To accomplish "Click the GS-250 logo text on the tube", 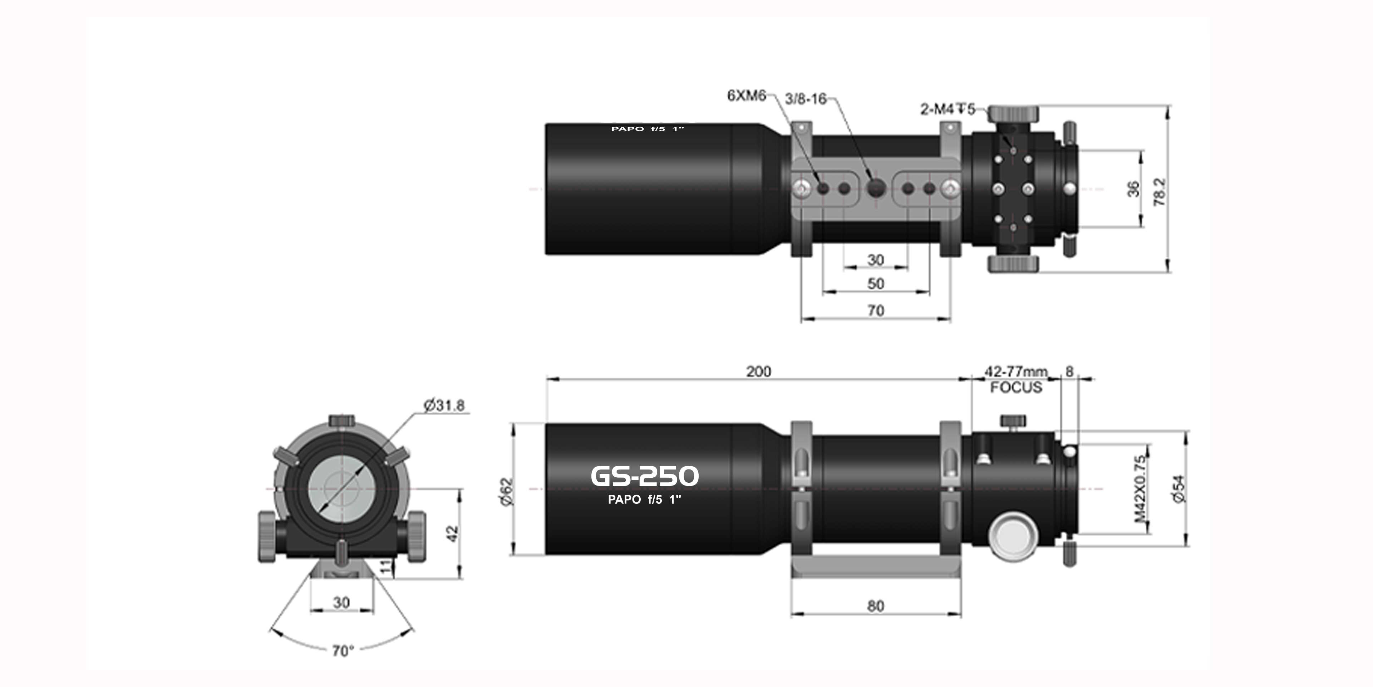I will click(x=644, y=476).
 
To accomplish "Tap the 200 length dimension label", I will click(x=758, y=371).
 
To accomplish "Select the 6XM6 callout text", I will click(x=746, y=96).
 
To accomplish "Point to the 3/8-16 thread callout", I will click(x=805, y=99).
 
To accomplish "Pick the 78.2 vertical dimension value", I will click(x=1159, y=192).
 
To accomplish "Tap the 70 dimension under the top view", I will click(x=876, y=311).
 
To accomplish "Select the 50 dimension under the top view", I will click(x=876, y=284).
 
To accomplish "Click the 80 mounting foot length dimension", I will click(x=876, y=606).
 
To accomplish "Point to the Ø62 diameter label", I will click(x=506, y=491).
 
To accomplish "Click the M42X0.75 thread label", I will click(x=1140, y=488).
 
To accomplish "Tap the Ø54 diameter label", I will click(x=1179, y=488).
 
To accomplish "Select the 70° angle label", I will click(x=343, y=651).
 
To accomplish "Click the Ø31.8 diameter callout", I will click(x=444, y=405).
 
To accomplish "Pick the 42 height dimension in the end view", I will click(x=452, y=533).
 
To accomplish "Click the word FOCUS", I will click(x=1016, y=387).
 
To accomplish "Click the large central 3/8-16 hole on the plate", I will click(x=876, y=188).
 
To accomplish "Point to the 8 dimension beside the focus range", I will click(x=1069, y=371).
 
